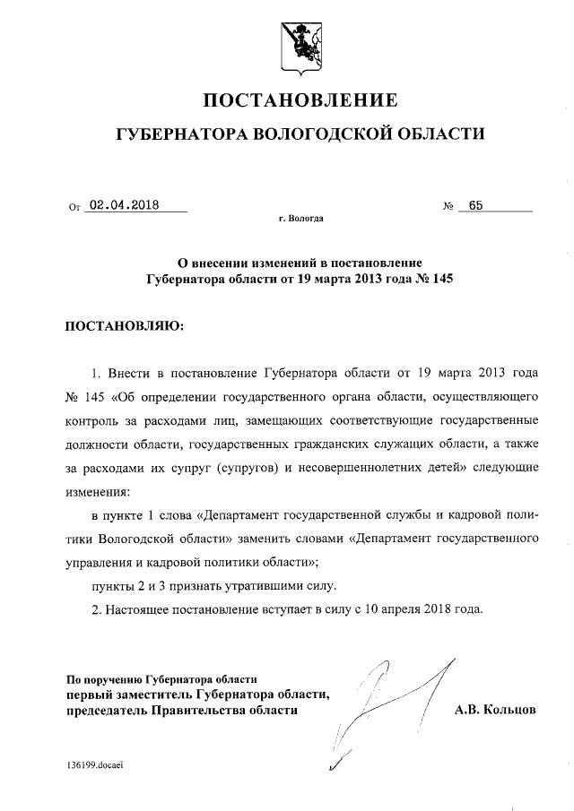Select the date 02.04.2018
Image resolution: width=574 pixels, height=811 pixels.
125,204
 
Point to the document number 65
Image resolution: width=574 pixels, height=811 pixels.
475,204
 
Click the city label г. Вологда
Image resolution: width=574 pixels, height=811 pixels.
301,218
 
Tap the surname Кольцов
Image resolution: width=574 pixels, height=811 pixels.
509,710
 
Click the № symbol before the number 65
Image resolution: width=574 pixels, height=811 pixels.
448,206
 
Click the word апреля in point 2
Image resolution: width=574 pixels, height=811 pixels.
397,609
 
